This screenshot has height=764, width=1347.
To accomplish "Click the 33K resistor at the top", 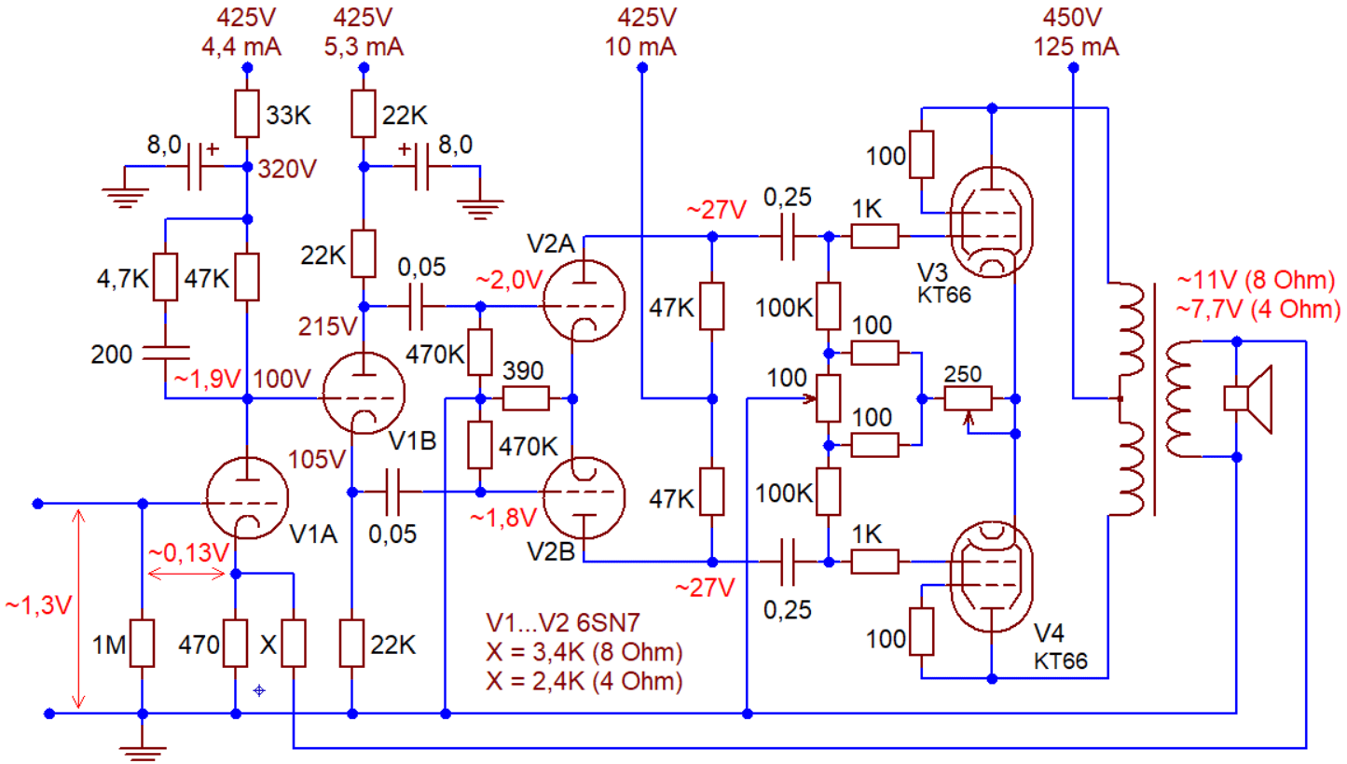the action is (246, 114).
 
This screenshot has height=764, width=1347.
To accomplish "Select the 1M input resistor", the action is (142, 643).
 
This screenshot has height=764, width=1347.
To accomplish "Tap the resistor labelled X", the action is (294, 643).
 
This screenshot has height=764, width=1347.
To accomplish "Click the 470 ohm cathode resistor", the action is (235, 643).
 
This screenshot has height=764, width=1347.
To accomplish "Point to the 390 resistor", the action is (526, 398).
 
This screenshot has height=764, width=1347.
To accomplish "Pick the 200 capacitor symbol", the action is (165, 354).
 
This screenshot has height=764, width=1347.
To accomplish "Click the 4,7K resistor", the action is (165, 277).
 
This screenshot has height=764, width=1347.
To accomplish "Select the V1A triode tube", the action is (246, 498).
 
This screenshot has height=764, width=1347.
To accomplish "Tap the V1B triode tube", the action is (364, 393).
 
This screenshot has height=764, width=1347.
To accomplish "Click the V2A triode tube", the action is (584, 300).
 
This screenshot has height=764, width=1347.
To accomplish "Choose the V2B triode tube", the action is (584, 497).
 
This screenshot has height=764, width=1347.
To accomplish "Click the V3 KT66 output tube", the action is (991, 223).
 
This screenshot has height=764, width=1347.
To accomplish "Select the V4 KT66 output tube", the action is (991, 576).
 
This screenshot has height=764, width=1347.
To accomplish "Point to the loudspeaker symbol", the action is (1248, 398).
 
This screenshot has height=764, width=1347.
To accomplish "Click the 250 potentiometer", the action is (968, 398).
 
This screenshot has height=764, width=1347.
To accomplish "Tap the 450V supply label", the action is (1072, 18).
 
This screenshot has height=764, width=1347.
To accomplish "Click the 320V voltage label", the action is (287, 169).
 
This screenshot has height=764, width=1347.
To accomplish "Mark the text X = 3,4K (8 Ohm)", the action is (584, 651).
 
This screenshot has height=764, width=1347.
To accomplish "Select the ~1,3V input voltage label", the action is (38, 605).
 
